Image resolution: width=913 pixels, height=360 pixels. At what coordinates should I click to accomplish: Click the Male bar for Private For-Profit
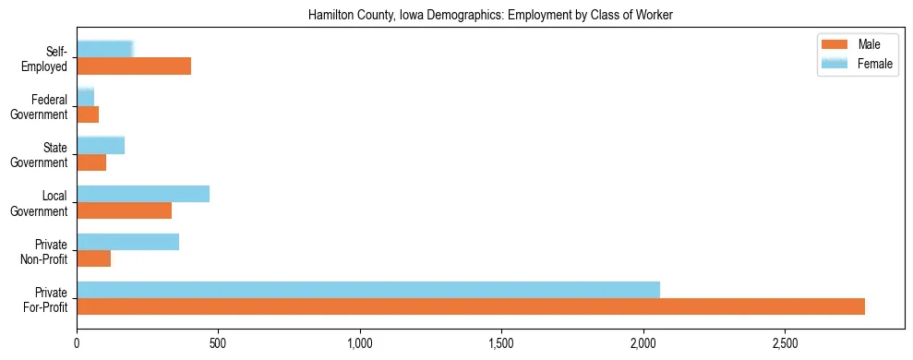(471, 306)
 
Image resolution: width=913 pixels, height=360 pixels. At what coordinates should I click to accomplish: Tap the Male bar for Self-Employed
(134, 66)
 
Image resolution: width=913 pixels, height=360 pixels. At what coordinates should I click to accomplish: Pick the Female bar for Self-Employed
(105, 49)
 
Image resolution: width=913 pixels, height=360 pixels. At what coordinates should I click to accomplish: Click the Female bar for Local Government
(143, 194)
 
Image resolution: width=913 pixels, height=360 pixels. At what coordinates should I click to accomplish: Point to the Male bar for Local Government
(125, 210)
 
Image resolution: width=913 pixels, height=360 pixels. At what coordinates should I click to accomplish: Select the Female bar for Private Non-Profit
(128, 242)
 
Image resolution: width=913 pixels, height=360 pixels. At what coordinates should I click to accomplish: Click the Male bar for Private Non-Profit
(94, 258)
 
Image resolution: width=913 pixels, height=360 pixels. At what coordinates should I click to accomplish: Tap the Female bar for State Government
(101, 145)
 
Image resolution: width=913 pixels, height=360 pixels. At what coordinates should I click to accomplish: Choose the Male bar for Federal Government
(88, 114)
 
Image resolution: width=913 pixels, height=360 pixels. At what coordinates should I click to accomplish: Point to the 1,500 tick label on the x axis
(501, 344)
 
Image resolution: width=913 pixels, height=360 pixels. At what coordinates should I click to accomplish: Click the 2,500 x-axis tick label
(784, 344)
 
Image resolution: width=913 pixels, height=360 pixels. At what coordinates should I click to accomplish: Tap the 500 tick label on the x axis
(219, 344)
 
